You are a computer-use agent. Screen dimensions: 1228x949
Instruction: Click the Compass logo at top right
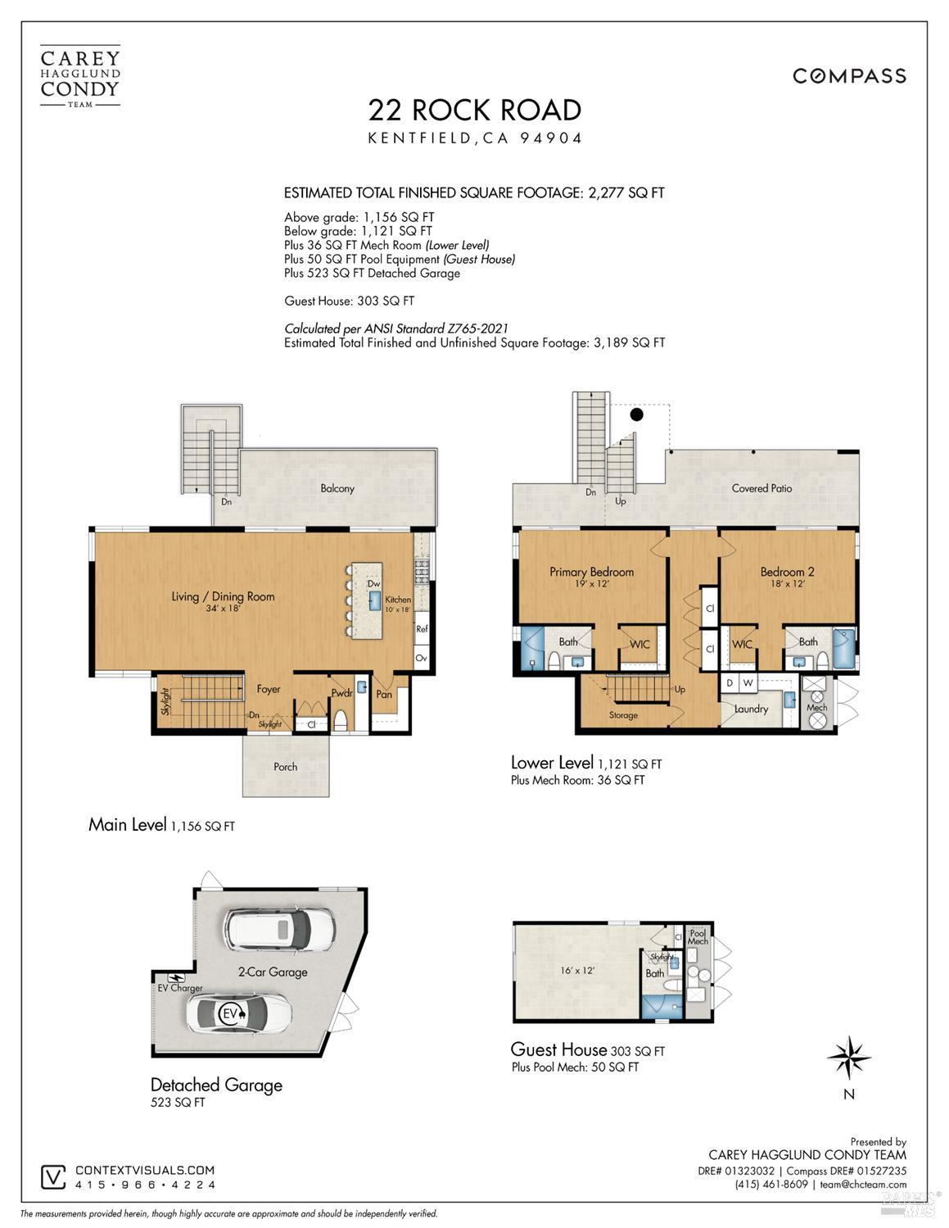(x=849, y=76)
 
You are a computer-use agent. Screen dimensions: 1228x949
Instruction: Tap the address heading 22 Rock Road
(x=475, y=110)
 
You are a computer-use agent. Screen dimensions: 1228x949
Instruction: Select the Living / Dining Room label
(x=223, y=596)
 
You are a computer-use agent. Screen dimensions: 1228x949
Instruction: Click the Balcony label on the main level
(x=337, y=488)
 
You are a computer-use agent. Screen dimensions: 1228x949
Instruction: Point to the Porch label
(x=285, y=767)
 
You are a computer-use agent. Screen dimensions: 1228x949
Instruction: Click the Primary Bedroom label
(x=591, y=572)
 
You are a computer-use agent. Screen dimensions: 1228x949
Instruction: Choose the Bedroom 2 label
(x=787, y=572)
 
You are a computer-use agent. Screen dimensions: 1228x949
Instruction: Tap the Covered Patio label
(x=761, y=488)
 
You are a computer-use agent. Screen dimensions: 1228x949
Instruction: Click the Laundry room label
(x=751, y=709)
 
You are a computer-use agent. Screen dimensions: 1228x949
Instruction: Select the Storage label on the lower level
(x=623, y=715)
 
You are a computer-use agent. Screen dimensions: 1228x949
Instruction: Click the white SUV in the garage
(x=279, y=929)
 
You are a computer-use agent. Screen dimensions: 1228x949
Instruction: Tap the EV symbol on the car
(x=230, y=1014)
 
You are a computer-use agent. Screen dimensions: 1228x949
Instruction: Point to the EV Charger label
(x=180, y=988)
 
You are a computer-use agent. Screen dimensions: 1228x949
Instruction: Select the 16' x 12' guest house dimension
(x=577, y=970)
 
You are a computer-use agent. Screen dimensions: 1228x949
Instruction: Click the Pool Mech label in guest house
(x=698, y=937)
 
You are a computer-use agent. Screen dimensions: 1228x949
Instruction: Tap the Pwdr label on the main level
(x=341, y=693)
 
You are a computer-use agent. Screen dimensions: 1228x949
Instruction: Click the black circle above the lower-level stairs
(x=636, y=415)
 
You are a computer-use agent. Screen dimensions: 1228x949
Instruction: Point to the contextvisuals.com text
(x=145, y=1171)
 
